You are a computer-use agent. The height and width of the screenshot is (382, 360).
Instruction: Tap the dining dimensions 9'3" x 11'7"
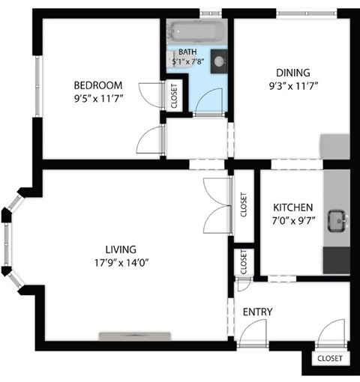coord(292,85)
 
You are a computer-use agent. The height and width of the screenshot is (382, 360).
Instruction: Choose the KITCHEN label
coord(293,207)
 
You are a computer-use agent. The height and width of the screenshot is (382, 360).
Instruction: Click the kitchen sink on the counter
coord(340,220)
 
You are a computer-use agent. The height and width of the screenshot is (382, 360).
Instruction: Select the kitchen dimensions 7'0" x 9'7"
coord(292,220)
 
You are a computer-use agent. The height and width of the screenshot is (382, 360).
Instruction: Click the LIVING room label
coord(121,249)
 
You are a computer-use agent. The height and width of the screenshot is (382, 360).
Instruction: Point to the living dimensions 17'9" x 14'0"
coord(121,262)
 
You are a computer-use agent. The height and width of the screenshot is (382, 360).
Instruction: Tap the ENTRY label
coord(257,312)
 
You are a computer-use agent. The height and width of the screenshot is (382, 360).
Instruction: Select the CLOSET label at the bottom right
coord(329,359)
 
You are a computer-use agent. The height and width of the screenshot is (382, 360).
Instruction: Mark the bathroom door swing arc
coord(211,100)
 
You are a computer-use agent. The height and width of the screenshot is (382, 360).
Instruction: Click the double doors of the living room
coord(216,204)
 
